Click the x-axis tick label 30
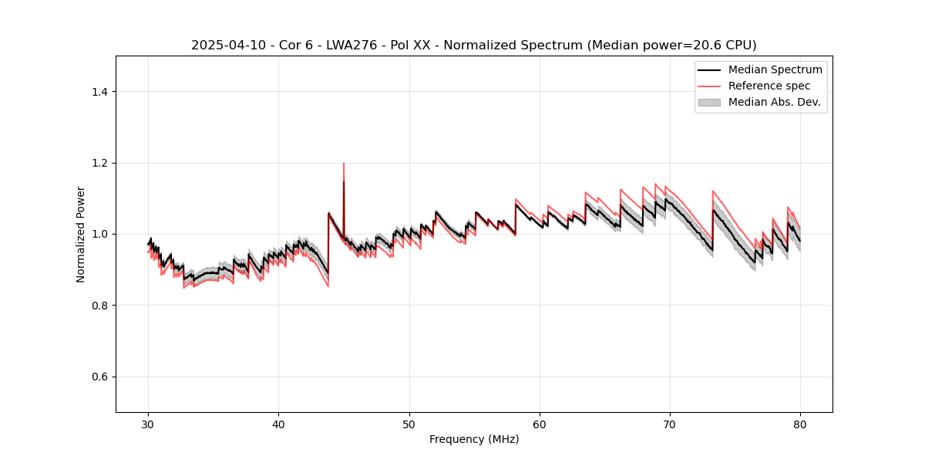[148, 424]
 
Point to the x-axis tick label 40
[278, 424]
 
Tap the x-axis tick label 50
[409, 424]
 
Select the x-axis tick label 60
[540, 424]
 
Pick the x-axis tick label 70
[670, 424]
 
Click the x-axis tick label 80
[800, 424]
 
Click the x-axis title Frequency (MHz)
[474, 439]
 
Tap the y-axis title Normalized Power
[81, 234]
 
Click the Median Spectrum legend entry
[775, 69]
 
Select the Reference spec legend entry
[769, 86]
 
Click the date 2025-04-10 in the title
[224, 46]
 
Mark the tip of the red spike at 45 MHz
[344, 163]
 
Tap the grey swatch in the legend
[709, 102]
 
